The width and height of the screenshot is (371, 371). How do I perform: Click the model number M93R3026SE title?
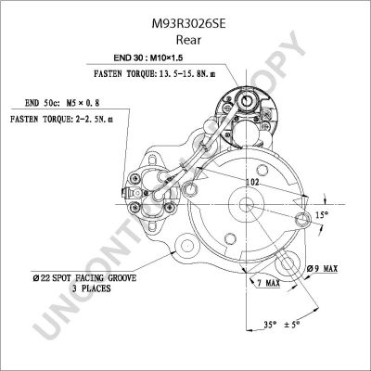(188, 24)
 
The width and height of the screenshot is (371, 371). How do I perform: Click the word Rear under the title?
(188, 40)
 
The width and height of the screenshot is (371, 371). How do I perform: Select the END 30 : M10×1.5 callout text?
(148, 58)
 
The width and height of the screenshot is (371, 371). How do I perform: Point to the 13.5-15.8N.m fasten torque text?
(187, 74)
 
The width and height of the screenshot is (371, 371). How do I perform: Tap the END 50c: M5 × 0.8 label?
(62, 103)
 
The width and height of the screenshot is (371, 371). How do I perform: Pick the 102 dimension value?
(252, 183)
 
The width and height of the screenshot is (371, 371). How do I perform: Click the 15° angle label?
(322, 214)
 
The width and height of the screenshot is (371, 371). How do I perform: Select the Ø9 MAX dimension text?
(322, 269)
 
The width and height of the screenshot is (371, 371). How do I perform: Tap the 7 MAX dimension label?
(268, 283)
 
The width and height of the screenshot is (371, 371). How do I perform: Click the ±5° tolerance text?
(292, 325)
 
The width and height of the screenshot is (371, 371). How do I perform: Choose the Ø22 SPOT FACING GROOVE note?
(84, 278)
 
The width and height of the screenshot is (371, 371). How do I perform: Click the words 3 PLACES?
(91, 288)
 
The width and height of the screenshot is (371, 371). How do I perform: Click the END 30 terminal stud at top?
(247, 99)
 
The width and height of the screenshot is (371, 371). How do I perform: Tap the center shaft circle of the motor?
(247, 204)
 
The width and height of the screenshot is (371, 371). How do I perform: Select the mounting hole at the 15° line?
(302, 220)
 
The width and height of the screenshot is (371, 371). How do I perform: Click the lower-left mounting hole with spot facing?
(187, 246)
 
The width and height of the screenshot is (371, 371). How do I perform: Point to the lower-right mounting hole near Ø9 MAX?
(287, 263)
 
